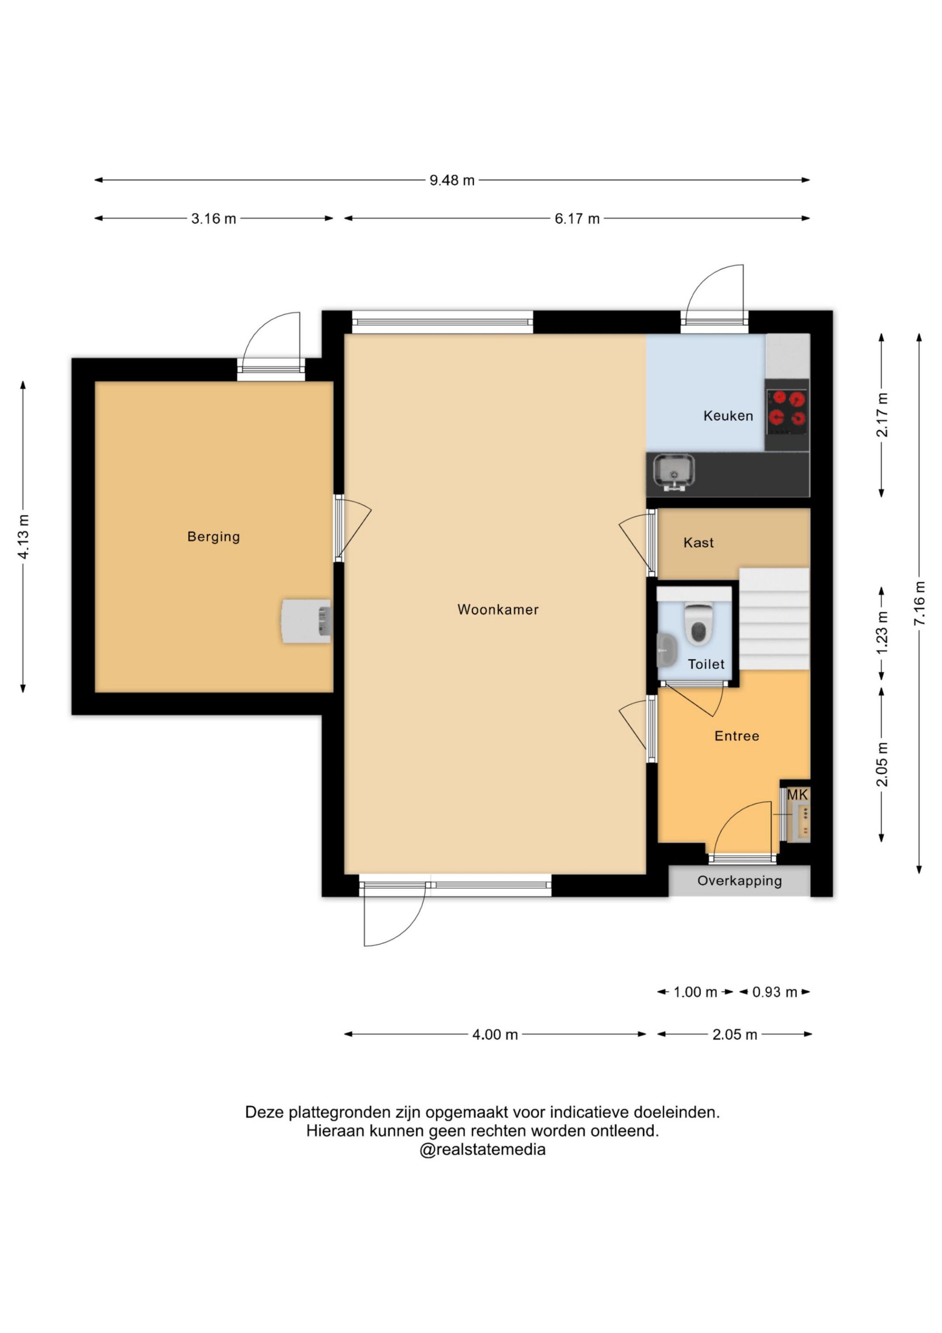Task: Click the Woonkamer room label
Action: click(x=497, y=610)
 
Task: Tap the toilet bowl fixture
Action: click(x=698, y=624)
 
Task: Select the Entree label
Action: click(x=737, y=736)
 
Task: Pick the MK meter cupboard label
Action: click(x=797, y=795)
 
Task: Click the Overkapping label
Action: click(x=739, y=881)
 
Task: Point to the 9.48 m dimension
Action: click(x=452, y=180)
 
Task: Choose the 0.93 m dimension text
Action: click(x=775, y=992)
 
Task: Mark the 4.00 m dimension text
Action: click(x=495, y=1035)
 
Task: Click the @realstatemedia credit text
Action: click(x=482, y=1150)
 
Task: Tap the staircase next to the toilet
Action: click(x=774, y=619)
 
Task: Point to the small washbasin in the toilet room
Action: click(x=667, y=650)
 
